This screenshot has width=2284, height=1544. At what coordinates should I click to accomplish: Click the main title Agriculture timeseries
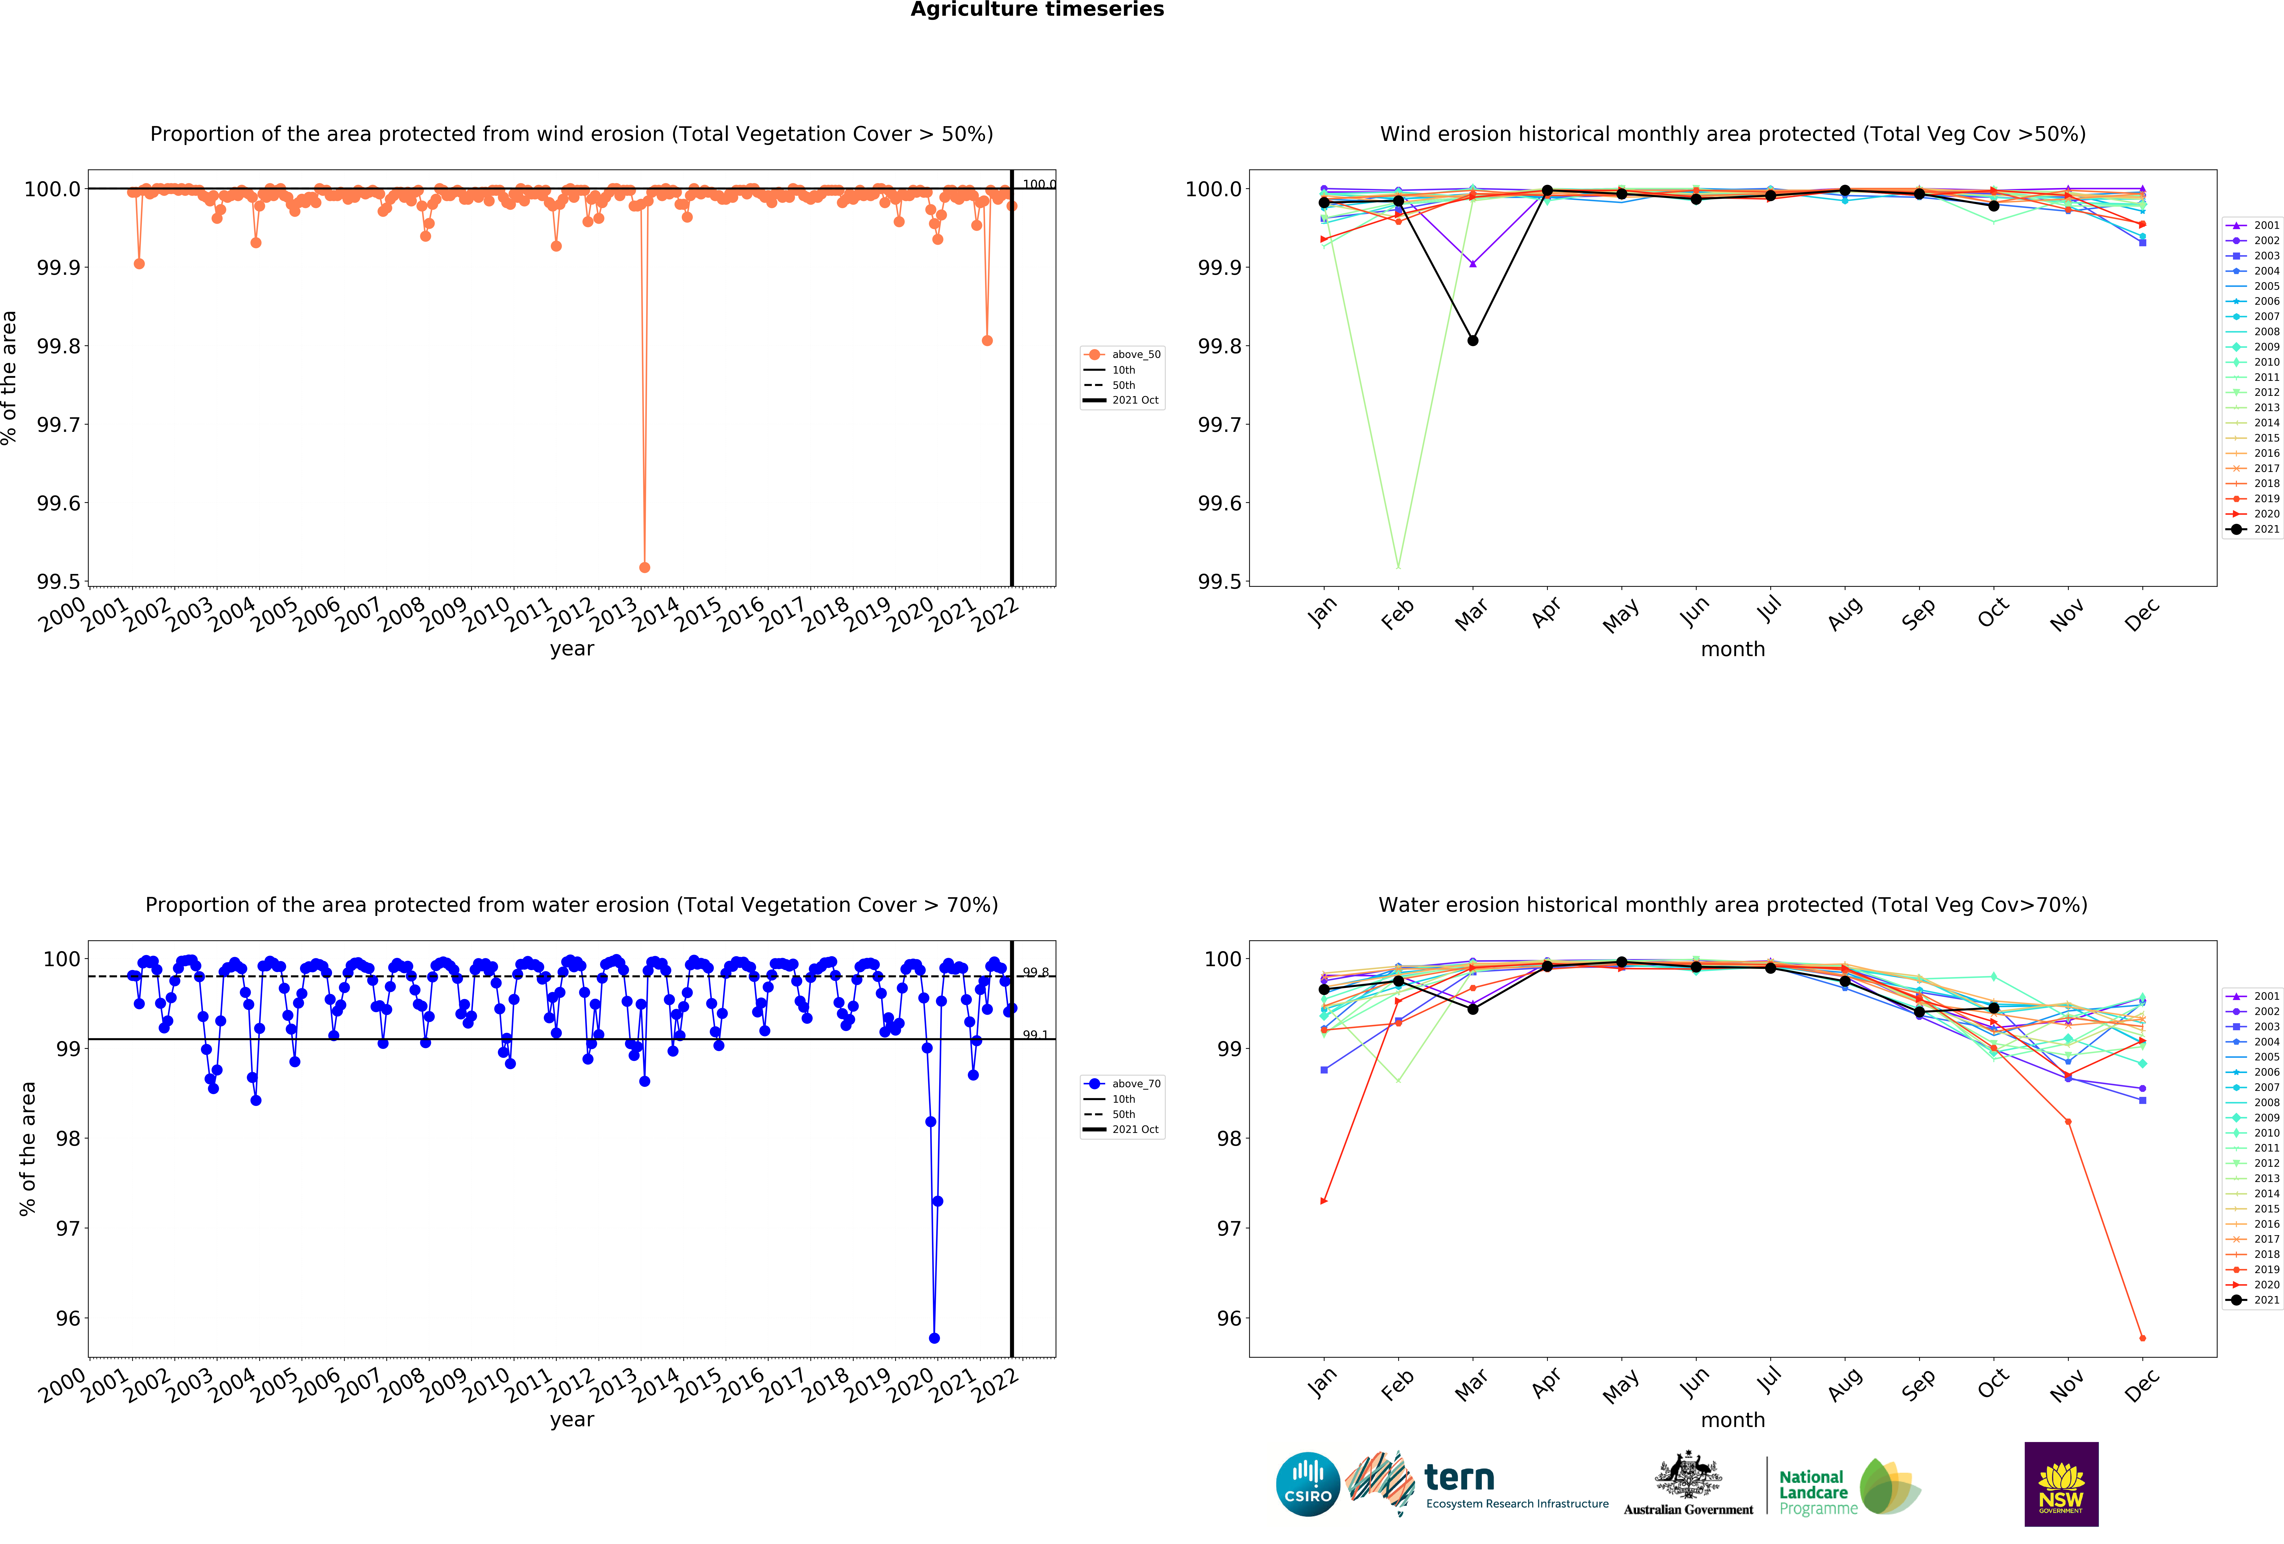1037,10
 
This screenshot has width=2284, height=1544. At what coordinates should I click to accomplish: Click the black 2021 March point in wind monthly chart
1472,340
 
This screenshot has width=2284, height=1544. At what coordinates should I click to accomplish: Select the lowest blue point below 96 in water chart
934,1338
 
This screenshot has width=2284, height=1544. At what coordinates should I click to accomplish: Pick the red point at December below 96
2142,1338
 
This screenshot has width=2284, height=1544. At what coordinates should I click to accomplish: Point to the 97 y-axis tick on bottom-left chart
68,1229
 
